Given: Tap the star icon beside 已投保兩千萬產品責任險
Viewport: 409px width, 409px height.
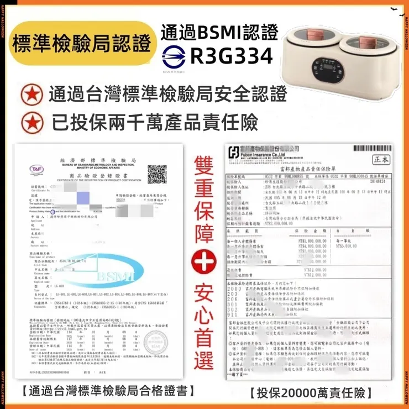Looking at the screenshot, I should click(31, 121).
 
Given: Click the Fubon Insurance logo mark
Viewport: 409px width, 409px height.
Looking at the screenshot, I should click(234, 150).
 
